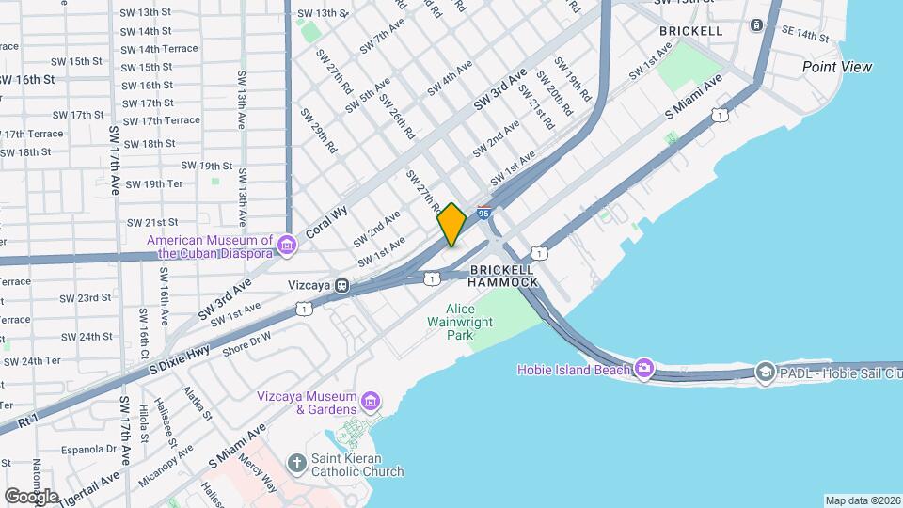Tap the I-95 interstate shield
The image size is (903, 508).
484,214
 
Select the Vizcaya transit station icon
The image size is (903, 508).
343,285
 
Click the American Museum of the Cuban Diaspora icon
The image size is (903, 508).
287,246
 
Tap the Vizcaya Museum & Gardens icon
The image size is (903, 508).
371,403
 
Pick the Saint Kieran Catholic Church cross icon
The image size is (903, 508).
297,463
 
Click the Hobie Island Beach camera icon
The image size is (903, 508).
643,368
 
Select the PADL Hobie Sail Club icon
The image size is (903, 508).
765,373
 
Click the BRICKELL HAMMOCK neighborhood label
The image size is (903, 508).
503,275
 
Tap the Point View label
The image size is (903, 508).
836,67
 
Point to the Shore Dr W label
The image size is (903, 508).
246,343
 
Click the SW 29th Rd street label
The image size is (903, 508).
317,131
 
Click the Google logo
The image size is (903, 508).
31,496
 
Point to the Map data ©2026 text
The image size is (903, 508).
862,500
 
